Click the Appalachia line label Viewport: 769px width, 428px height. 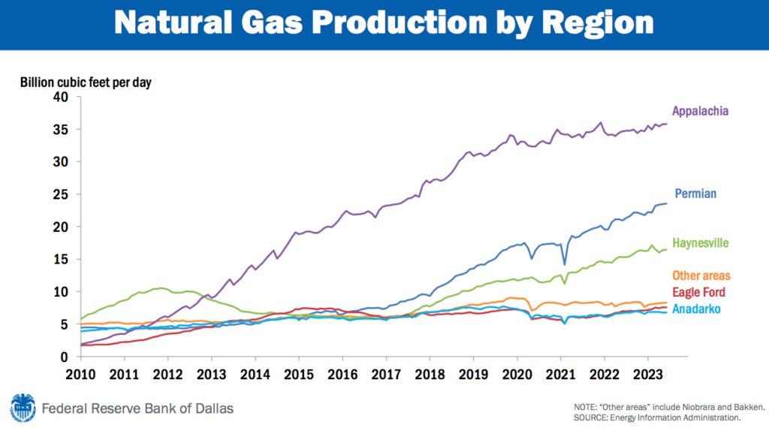point(700,111)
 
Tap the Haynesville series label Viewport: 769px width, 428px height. point(701,243)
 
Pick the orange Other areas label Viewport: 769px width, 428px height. point(701,276)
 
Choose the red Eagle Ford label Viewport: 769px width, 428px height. point(699,292)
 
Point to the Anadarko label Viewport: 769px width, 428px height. point(698,308)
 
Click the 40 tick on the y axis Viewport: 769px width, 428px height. point(59,97)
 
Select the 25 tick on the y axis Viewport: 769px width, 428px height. point(59,194)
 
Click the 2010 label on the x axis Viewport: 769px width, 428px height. point(80,373)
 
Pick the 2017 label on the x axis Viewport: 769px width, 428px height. point(386,373)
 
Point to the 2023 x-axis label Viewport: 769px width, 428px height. point(648,373)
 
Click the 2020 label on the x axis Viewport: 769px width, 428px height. point(517,373)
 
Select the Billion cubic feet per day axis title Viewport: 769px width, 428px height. point(86,82)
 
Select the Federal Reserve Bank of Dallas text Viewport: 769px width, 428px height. point(137,408)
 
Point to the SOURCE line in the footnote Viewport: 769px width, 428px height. point(656,417)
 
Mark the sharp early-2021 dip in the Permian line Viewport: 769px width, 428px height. point(565,264)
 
